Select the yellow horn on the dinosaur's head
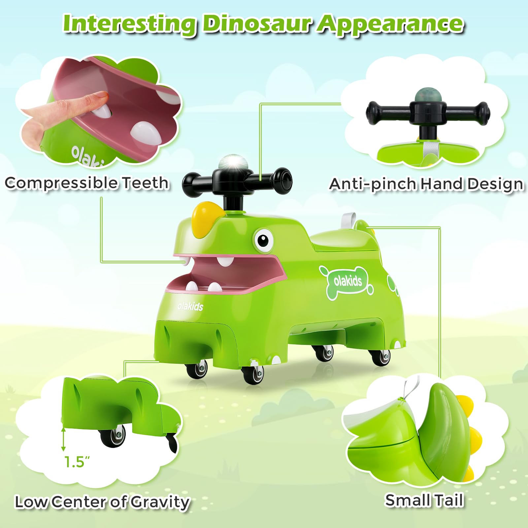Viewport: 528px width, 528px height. (x=204, y=216)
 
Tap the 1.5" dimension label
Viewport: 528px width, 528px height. (x=77, y=462)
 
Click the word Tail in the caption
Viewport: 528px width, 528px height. (x=448, y=500)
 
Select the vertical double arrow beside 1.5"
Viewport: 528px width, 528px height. (x=63, y=439)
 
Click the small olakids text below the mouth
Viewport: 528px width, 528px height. (x=190, y=306)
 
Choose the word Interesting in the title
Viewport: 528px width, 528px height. (x=130, y=24)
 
